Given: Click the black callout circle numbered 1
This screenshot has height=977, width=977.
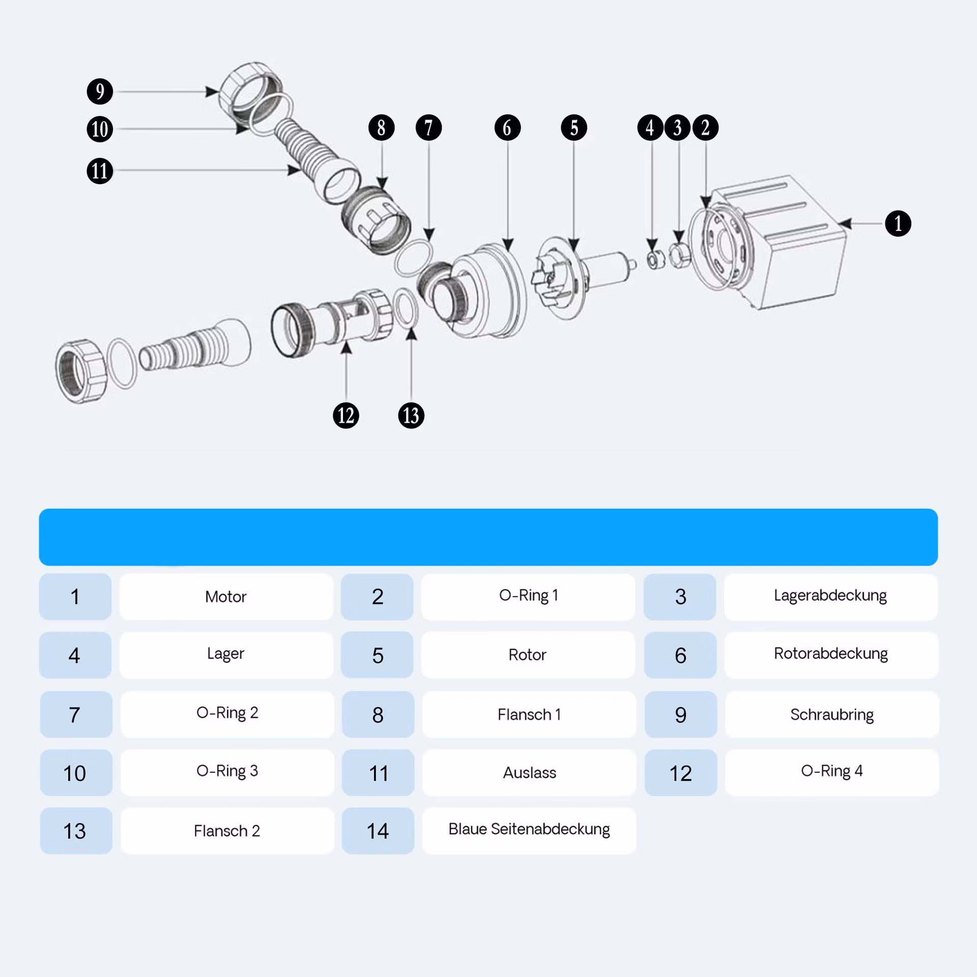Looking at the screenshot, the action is pyautogui.click(x=898, y=223).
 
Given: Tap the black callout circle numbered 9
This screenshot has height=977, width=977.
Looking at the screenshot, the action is pyautogui.click(x=100, y=92).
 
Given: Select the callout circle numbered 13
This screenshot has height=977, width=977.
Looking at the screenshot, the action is pyautogui.click(x=411, y=415).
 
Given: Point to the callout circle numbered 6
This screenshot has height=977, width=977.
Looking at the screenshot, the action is pyautogui.click(x=507, y=127).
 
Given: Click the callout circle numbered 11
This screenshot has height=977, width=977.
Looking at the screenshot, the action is pyautogui.click(x=100, y=170).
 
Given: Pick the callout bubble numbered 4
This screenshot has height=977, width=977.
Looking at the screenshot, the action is pyautogui.click(x=650, y=127).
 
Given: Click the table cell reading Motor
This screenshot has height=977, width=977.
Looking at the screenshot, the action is pyautogui.click(x=226, y=596).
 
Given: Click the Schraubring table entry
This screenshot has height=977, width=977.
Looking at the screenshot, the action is pyautogui.click(x=832, y=714).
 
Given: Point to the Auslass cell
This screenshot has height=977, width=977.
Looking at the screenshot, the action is pyautogui.click(x=529, y=772).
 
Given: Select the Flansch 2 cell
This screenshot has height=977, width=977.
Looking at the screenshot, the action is pyautogui.click(x=227, y=830).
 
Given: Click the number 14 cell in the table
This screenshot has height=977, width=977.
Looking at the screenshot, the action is pyautogui.click(x=378, y=830).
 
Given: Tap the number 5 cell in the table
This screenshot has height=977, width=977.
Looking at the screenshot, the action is pyautogui.click(x=378, y=655).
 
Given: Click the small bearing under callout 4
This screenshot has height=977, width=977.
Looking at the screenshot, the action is pyautogui.click(x=656, y=260).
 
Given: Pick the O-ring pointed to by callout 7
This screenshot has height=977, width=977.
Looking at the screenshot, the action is pyautogui.click(x=413, y=258).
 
